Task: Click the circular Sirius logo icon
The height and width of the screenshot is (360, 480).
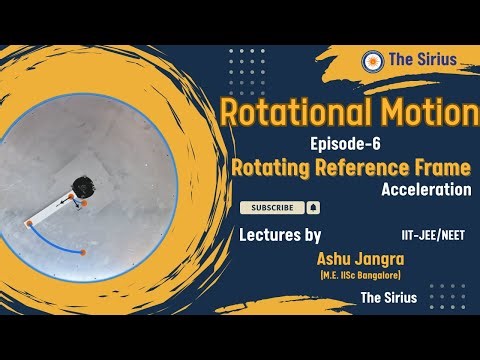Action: click(x=373, y=60)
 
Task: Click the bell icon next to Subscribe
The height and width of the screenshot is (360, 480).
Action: click(x=313, y=208)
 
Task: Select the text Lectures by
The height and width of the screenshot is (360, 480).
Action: click(x=280, y=236)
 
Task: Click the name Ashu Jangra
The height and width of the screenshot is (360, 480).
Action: click(x=344, y=258)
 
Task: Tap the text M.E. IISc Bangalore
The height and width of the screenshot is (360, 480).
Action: click(x=344, y=274)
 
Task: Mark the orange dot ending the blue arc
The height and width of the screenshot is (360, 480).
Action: click(x=83, y=251)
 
